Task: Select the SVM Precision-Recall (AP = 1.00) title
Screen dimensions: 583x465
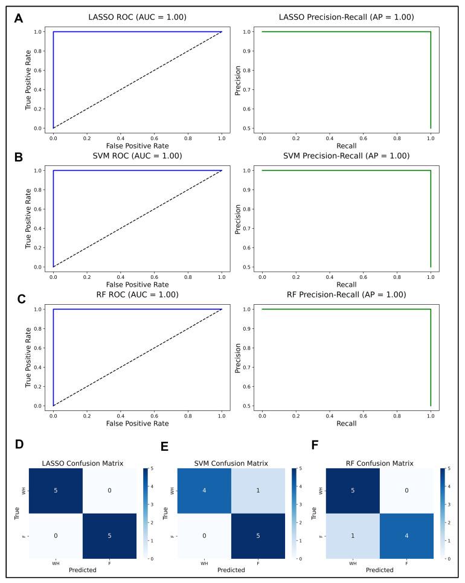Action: pyautogui.click(x=347, y=156)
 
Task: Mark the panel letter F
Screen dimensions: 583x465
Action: pyautogui.click(x=314, y=445)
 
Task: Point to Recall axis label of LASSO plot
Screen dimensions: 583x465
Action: pyautogui.click(x=346, y=145)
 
